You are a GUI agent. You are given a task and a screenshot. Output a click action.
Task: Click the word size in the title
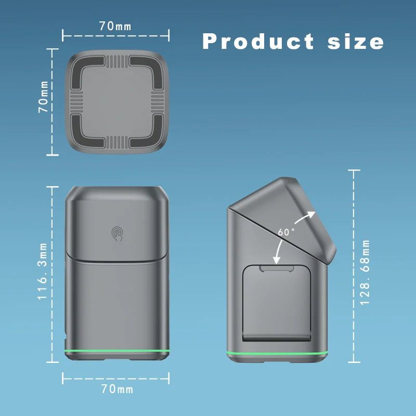pos(356,41)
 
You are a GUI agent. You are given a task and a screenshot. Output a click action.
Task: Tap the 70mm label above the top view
pos(115,24)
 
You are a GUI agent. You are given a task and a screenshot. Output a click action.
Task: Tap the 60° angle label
pos(286,232)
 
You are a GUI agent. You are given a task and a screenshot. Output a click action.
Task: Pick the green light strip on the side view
pos(278,353)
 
